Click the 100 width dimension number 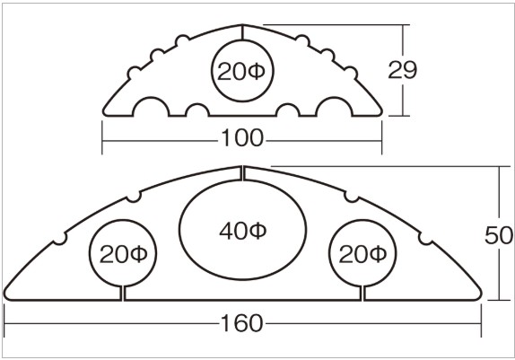coord(242,137)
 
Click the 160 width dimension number coord(242,323)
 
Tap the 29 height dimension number coord(402,70)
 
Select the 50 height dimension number coord(498,235)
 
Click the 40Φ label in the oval coord(243,231)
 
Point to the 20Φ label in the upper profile coord(240,72)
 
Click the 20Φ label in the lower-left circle coord(123,254)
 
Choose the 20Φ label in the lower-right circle coord(362,254)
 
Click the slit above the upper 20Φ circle coord(242,32)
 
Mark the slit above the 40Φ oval coord(242,173)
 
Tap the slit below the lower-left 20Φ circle coord(123,293)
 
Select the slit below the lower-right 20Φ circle coord(362,293)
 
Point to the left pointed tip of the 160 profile coord(5,295)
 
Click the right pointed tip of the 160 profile coord(480,295)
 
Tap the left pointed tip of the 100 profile coord(104,111)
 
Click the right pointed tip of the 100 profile coord(380,111)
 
